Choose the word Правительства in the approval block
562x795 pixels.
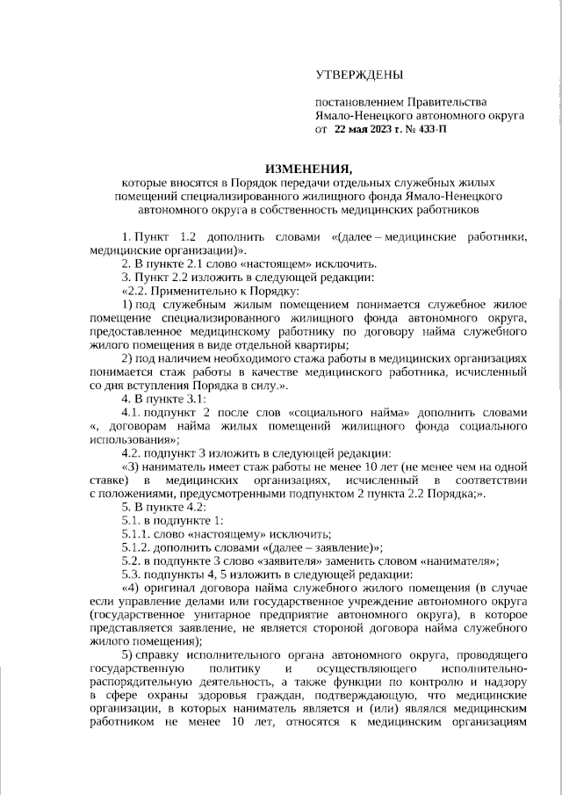pyautogui.click(x=442, y=103)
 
